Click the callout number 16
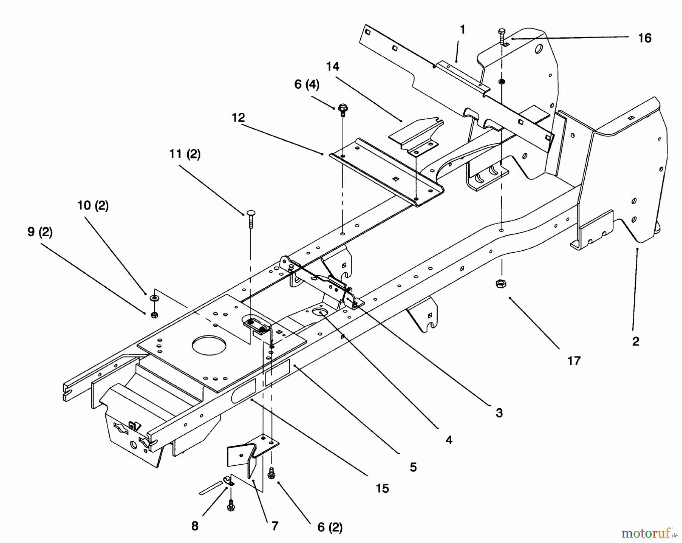[x=644, y=38]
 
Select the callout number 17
[x=574, y=360]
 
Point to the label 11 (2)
[x=185, y=154]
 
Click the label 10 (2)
[x=93, y=206]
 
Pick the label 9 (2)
[x=40, y=232]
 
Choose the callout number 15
[x=382, y=488]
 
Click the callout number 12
[x=238, y=118]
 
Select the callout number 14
[x=333, y=67]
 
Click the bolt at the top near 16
[x=503, y=36]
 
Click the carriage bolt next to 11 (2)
[x=250, y=219]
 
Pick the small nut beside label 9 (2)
[x=154, y=315]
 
